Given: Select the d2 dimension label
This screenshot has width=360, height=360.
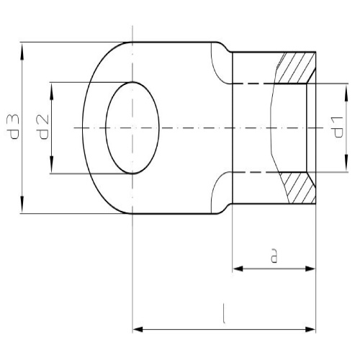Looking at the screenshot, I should point(42,127).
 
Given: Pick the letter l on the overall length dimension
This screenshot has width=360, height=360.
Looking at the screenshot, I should point(225,315).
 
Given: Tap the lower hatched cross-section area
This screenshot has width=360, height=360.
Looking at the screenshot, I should point(297,186).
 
